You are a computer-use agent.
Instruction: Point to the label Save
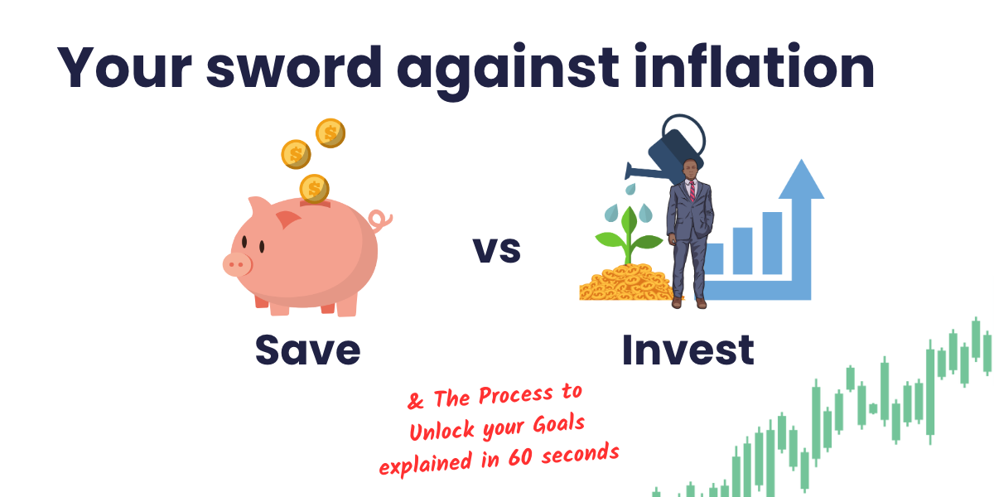307,350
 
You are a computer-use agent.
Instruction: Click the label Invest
688,350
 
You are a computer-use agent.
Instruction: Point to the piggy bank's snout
237,264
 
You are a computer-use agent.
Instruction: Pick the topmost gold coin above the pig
330,132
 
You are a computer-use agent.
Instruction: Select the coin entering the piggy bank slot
314,188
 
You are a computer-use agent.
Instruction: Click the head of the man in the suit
690,171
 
